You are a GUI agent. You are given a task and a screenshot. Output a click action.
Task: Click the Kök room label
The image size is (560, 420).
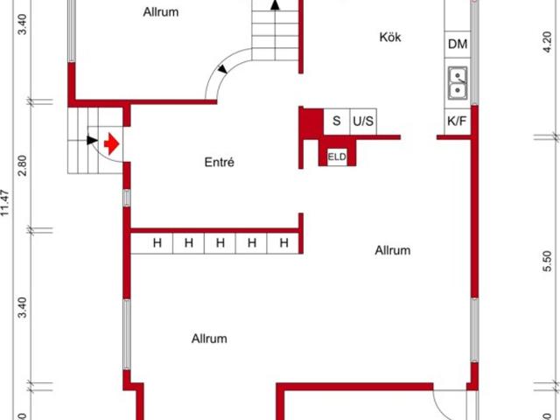pyautogui.click(x=390, y=37)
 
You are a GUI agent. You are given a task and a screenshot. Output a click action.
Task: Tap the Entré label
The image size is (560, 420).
pyautogui.click(x=220, y=163)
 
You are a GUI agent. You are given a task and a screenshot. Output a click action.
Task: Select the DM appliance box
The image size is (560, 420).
pyautogui.click(x=458, y=45)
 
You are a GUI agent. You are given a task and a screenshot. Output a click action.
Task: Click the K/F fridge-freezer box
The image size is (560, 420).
pyautogui.click(x=457, y=122)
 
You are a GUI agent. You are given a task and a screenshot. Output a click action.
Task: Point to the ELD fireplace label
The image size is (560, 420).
pyautogui.click(x=337, y=157)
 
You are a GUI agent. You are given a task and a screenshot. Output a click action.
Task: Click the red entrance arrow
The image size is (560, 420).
pyautogui.click(x=111, y=143)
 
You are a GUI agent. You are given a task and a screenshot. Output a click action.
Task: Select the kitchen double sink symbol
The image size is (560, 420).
pyautogui.click(x=458, y=83)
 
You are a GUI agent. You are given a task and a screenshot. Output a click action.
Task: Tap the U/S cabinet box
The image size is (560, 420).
pyautogui.click(x=363, y=122)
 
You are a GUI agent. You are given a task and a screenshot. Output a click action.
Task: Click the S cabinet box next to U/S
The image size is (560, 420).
pyautogui.click(x=337, y=122)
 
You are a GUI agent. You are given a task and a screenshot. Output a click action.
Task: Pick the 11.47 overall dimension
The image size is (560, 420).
pyautogui.click(x=5, y=202)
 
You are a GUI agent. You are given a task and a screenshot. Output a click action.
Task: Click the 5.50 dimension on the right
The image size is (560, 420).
pyautogui.click(x=547, y=262)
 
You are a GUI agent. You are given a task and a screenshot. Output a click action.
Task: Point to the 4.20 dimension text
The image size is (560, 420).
pyautogui.click(x=547, y=42)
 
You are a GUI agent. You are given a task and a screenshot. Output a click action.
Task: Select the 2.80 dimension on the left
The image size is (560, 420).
pyautogui.click(x=22, y=165)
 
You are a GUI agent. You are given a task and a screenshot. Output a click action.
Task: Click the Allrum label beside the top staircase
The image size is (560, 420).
pyautogui.click(x=161, y=12)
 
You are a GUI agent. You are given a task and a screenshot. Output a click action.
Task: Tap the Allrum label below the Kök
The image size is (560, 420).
pyautogui.click(x=393, y=250)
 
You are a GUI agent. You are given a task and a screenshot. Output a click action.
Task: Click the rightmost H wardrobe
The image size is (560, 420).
pyautogui.click(x=283, y=243)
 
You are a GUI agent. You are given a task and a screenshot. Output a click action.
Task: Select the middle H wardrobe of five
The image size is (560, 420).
pyautogui.click(x=220, y=243)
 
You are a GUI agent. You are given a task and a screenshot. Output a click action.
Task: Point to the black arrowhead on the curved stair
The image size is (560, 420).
pyautogui.click(x=223, y=69)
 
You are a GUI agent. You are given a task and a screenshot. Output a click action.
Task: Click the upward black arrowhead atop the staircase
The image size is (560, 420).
pyautogui.click(x=275, y=4)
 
